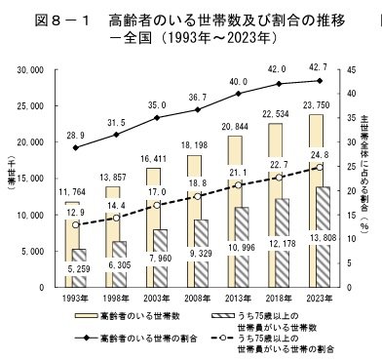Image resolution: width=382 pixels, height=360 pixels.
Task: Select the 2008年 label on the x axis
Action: (x=198, y=296)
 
